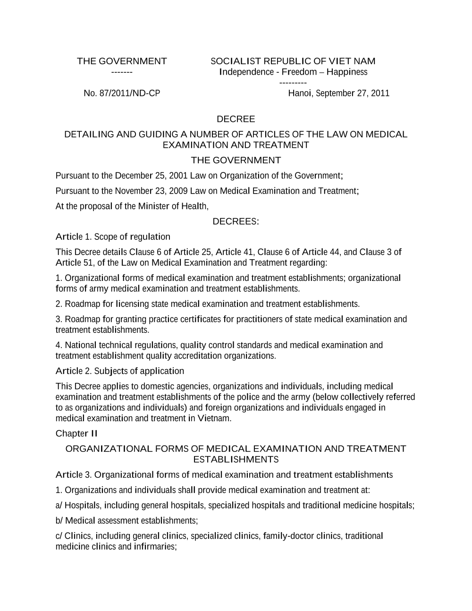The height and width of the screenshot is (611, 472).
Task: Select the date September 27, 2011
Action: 353,93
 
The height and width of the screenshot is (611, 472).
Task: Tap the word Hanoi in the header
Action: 300,93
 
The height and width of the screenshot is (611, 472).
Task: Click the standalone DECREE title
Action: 236,119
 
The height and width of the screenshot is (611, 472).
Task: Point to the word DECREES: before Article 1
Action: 236,221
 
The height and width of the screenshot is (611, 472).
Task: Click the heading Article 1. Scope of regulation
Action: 113,237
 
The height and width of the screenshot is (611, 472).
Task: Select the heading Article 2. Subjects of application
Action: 120,371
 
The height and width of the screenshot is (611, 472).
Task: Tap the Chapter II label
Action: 76,433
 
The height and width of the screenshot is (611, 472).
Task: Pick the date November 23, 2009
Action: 151,191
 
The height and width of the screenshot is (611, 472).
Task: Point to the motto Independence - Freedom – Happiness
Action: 293,72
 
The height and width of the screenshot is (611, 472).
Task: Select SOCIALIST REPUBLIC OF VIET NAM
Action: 293,61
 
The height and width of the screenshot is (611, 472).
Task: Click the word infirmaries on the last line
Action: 154,547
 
